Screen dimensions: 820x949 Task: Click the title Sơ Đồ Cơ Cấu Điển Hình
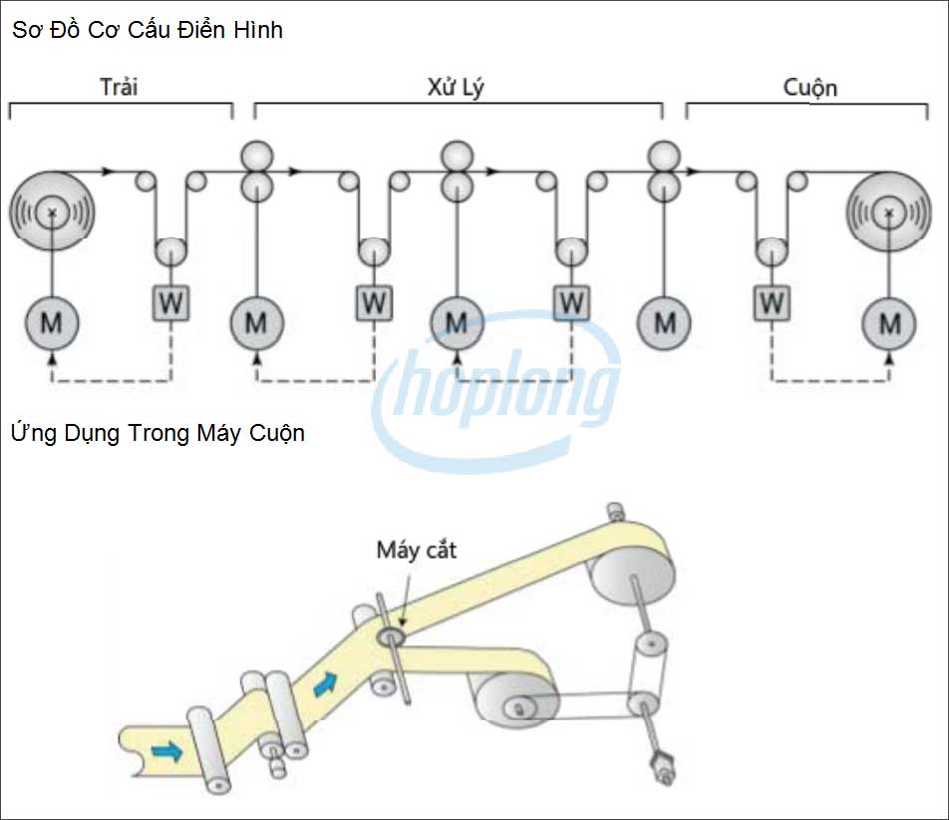click(x=148, y=31)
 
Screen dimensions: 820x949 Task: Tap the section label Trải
click(x=119, y=87)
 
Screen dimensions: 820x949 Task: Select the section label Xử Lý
click(x=456, y=87)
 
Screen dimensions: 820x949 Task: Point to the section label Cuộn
click(x=809, y=87)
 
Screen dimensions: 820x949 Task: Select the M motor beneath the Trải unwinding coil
click(x=51, y=322)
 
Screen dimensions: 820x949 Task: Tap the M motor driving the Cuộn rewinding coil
click(x=889, y=322)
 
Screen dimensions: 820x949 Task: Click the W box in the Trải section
click(x=171, y=302)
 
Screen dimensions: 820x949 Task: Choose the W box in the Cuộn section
click(x=770, y=302)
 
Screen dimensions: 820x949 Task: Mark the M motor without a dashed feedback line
click(x=664, y=322)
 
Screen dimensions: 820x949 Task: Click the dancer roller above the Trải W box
click(x=171, y=250)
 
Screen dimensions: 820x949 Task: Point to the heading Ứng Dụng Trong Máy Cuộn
click(x=158, y=434)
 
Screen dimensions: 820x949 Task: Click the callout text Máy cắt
click(x=416, y=549)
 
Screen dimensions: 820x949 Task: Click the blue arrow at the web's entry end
click(x=166, y=749)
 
